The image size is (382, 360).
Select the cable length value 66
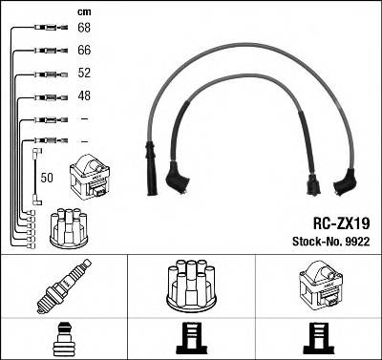83,50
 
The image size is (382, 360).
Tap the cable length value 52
83,74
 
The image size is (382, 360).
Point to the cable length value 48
83,96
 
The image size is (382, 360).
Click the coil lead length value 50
46,178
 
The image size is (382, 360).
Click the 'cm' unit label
82,11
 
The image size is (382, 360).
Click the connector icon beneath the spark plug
63,338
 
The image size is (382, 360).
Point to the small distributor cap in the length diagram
69,227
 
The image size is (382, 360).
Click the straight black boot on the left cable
150,156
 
